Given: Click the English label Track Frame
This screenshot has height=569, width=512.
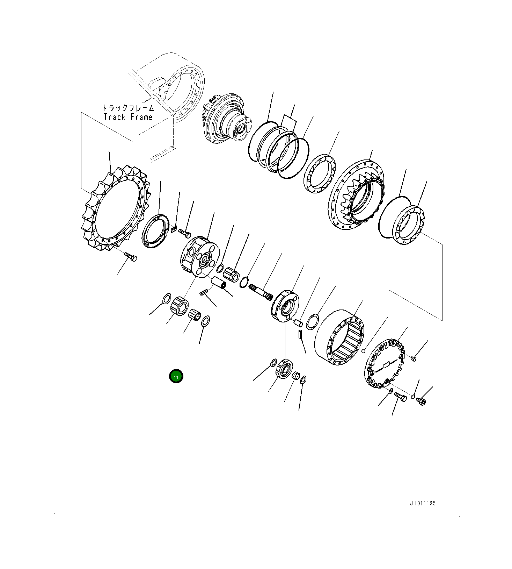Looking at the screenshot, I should coord(128,117).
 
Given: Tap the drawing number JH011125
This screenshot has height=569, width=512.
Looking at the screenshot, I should coord(423,504).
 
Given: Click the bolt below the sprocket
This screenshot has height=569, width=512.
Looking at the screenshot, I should coord(131,257).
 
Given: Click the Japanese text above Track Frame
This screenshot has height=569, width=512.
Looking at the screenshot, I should coord(128,108).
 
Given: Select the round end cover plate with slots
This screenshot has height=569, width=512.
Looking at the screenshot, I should coord(384,364).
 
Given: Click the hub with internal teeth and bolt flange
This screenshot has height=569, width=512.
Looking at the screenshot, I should coord(356,194).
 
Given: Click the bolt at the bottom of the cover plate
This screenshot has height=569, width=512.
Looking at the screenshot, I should coord(401,397).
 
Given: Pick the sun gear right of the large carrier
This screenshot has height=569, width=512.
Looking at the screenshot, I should coord(231,273).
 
